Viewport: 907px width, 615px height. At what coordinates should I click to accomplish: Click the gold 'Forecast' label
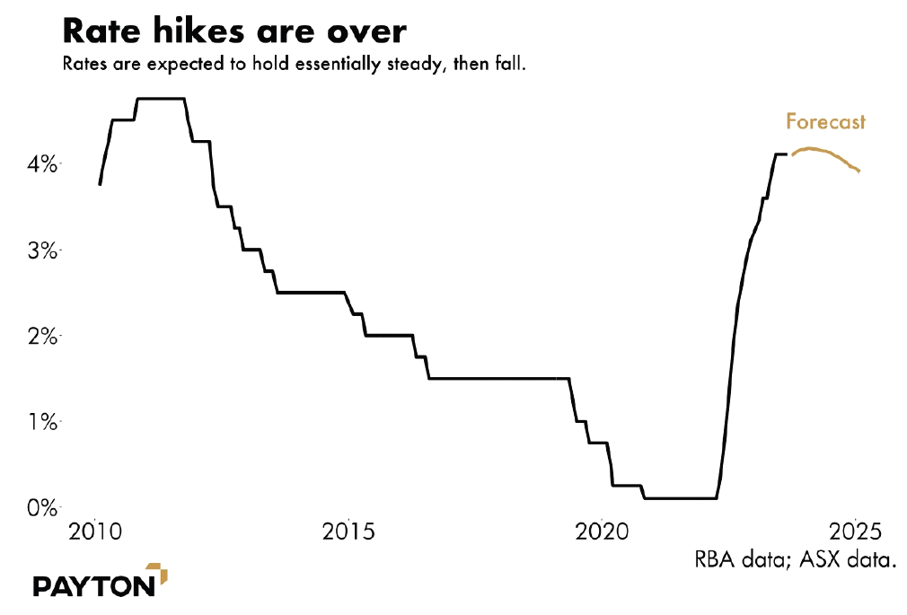(825, 121)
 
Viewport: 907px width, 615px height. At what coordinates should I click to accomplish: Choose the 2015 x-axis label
(348, 531)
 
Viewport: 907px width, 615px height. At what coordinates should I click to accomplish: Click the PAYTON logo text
(93, 586)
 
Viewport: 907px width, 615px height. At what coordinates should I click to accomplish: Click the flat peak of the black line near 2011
(162, 99)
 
